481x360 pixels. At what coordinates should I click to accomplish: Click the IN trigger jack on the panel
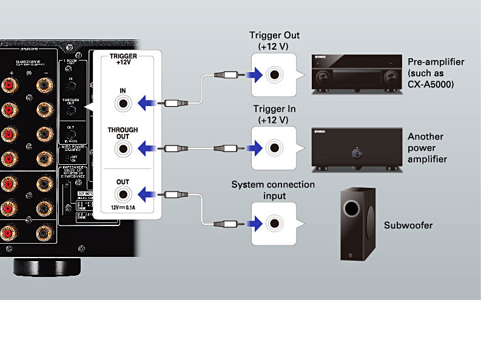(124, 103)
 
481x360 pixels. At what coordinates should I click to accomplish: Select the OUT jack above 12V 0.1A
(124, 194)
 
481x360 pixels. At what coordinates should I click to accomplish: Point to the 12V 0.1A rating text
(123, 208)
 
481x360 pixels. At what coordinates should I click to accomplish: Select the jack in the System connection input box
(274, 224)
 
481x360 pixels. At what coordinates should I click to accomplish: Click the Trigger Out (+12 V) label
(274, 41)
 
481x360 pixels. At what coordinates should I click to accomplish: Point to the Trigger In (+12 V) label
(274, 115)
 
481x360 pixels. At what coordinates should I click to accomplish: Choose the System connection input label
(274, 189)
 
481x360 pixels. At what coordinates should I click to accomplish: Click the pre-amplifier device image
(357, 75)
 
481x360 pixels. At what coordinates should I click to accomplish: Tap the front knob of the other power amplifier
(357, 154)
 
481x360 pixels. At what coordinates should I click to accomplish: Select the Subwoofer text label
(409, 225)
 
